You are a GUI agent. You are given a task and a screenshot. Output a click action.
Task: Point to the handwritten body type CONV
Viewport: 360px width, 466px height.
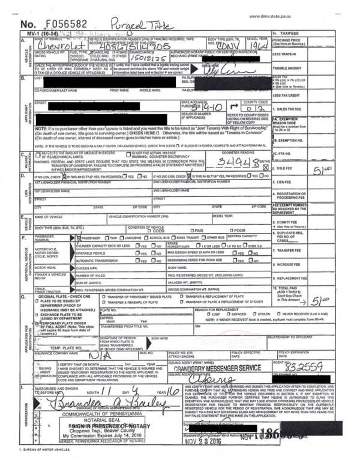pyautogui.click(x=224, y=44)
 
